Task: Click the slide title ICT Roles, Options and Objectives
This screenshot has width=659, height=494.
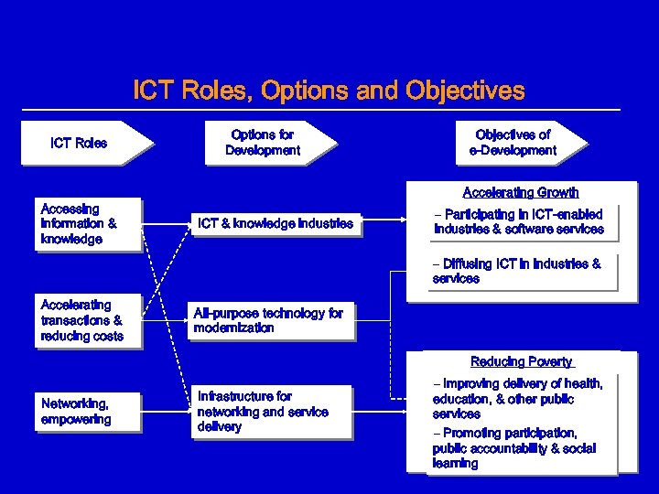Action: coord(329,91)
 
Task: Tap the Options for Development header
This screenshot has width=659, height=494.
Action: coord(263,143)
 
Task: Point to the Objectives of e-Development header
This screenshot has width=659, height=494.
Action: coord(513,143)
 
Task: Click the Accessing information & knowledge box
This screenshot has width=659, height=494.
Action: coord(89,224)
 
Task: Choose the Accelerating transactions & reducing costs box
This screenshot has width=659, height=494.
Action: coord(89,321)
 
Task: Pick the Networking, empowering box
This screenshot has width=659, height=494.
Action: coord(89,412)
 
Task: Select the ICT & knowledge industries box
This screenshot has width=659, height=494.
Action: coord(275,223)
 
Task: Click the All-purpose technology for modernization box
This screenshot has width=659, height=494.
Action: coord(269,320)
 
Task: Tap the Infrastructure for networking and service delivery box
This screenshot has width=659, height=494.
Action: coord(263,412)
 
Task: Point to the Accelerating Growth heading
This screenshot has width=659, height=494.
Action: coord(521,193)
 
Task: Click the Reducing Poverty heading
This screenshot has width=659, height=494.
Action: coord(522,362)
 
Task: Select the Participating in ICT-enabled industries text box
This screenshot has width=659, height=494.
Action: coord(519,222)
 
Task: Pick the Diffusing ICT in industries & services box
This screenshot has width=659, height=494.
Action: coord(519,272)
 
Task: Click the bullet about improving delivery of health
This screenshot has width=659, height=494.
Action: coord(518,399)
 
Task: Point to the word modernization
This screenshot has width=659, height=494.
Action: coord(233,328)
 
